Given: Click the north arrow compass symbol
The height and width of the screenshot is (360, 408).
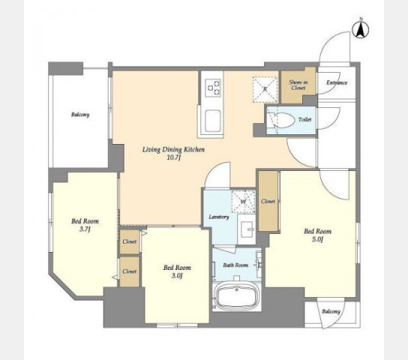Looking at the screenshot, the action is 361,28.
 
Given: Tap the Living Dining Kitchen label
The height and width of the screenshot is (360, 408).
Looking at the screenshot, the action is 173,149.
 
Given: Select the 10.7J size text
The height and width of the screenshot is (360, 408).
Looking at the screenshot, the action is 173,158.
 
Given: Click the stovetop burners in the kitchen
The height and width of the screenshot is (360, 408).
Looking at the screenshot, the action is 213,88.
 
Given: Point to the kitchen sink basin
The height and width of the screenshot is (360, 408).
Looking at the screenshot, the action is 213,121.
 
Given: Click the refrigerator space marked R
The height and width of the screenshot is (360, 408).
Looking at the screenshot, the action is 265,89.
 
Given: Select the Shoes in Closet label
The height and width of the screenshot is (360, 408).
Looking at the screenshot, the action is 298,85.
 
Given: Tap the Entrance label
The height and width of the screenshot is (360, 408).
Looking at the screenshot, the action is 337,82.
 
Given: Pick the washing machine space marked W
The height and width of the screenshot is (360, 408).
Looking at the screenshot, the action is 243,202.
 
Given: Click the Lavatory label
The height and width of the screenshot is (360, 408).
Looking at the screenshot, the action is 219,217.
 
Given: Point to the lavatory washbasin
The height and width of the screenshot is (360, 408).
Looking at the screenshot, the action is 247,229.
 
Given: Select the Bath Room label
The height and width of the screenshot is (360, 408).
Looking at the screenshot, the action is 235,265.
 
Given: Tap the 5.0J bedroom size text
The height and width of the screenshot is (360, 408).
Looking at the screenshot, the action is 317,239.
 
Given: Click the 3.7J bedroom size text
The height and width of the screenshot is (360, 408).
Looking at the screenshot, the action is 85,229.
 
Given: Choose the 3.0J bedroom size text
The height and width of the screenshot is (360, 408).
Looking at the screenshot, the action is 177,276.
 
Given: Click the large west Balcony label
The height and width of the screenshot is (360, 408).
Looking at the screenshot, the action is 80,115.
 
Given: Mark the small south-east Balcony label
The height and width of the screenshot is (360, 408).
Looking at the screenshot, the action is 331,311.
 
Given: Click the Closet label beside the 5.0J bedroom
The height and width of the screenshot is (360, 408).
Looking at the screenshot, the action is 268,201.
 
